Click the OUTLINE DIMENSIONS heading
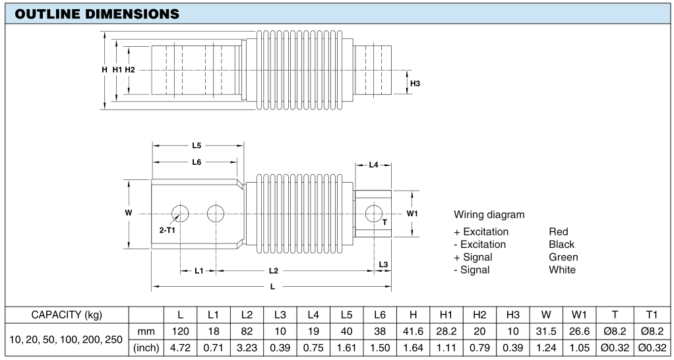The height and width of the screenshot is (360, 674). coord(97,14)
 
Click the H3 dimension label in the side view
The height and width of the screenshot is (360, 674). coord(415,83)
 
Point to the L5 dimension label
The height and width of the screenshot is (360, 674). coord(197,146)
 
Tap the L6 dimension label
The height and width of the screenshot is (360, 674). coord(197,162)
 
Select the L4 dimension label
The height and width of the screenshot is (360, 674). coord(373,165)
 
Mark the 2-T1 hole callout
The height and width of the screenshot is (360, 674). coord(168,230)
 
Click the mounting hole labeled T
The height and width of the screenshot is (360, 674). coord(373,214)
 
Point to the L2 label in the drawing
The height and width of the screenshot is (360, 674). coord(274,270)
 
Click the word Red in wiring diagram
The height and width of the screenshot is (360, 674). coord(559,232)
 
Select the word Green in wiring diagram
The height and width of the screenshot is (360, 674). coord(563,257)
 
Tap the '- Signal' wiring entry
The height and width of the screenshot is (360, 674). coord(472,270)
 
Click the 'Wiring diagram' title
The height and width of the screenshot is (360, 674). coord(489,214)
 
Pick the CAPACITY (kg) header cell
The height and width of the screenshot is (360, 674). coord(67,315)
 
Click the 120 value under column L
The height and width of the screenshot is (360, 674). coord(181,332)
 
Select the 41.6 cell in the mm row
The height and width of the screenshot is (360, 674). coord(413,332)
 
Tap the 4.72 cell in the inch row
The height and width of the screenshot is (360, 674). coord(181,347)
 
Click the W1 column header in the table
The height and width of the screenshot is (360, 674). coord(580,315)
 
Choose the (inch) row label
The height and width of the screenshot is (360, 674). coord(147,347)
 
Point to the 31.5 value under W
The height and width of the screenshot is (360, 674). coord(546,332)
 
